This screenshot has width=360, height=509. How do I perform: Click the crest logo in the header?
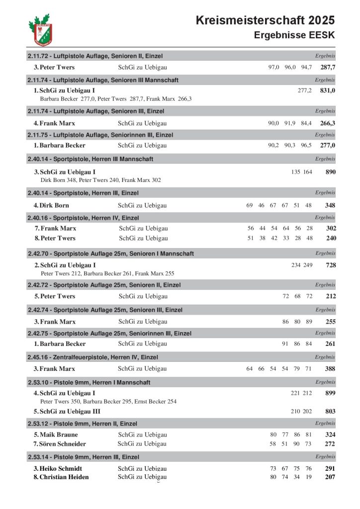(x=41, y=30)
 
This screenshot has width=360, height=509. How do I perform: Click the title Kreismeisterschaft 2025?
(x=265, y=20)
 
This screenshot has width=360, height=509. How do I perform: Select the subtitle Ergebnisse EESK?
(x=294, y=35)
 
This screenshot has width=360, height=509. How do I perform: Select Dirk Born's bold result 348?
(x=330, y=205)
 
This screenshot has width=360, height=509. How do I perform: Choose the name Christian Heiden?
(x=64, y=477)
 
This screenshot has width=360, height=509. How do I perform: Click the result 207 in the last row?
(x=330, y=477)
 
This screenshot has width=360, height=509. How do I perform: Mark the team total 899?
(x=330, y=393)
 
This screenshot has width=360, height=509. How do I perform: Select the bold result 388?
(x=330, y=369)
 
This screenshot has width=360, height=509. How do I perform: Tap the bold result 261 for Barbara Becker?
(x=330, y=344)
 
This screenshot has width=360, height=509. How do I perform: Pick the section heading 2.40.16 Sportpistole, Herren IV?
(x=83, y=218)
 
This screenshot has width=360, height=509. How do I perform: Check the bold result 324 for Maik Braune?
(x=330, y=434)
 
